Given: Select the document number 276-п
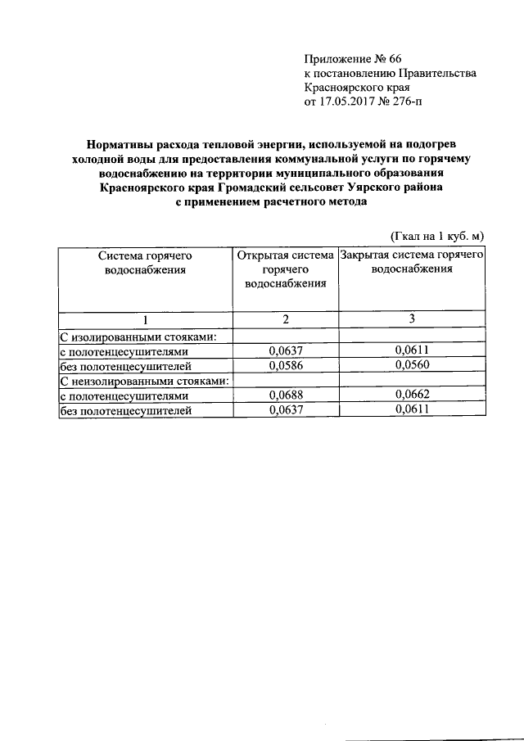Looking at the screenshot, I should (407, 102).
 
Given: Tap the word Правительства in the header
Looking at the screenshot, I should (440, 74).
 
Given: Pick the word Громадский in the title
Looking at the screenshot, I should (258, 188).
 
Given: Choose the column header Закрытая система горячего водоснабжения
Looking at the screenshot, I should (413, 261).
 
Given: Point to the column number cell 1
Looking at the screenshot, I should (146, 319).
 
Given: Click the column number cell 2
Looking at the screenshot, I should (286, 319).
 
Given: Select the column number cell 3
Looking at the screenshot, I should (412, 319).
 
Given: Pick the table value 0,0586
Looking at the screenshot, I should (286, 365).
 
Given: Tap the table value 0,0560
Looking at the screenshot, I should (412, 365).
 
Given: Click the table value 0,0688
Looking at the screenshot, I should (286, 395).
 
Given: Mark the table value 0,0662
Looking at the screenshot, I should (412, 395).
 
